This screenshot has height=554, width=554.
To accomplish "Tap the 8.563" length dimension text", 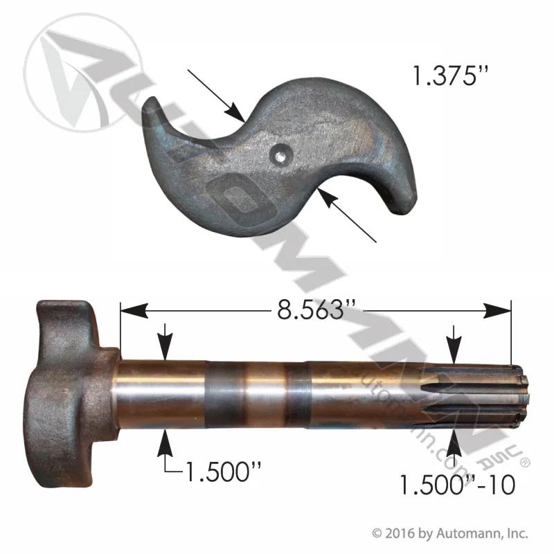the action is coord(310,310).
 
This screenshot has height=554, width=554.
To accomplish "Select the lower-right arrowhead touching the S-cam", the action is coord(328,199).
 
